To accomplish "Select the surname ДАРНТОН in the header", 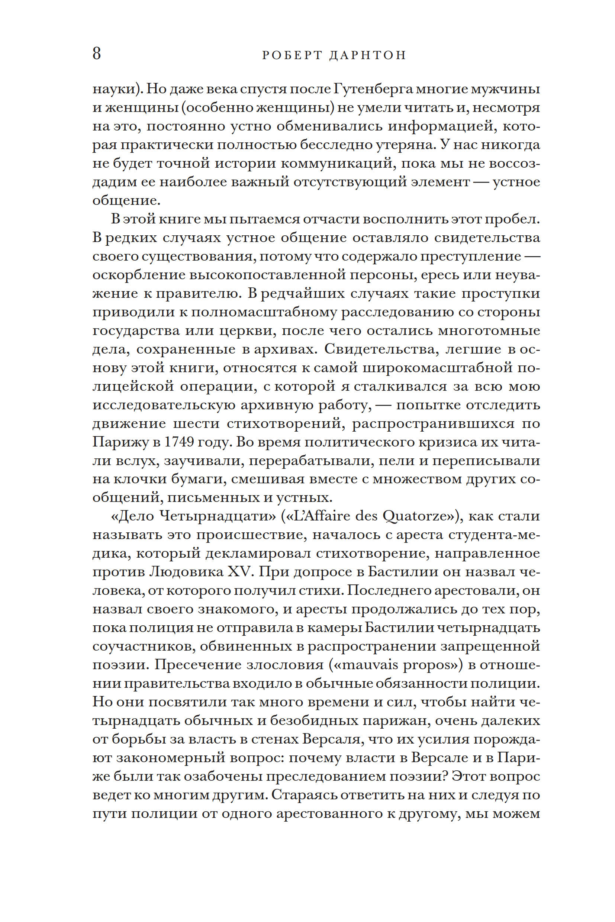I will point(367,55).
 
